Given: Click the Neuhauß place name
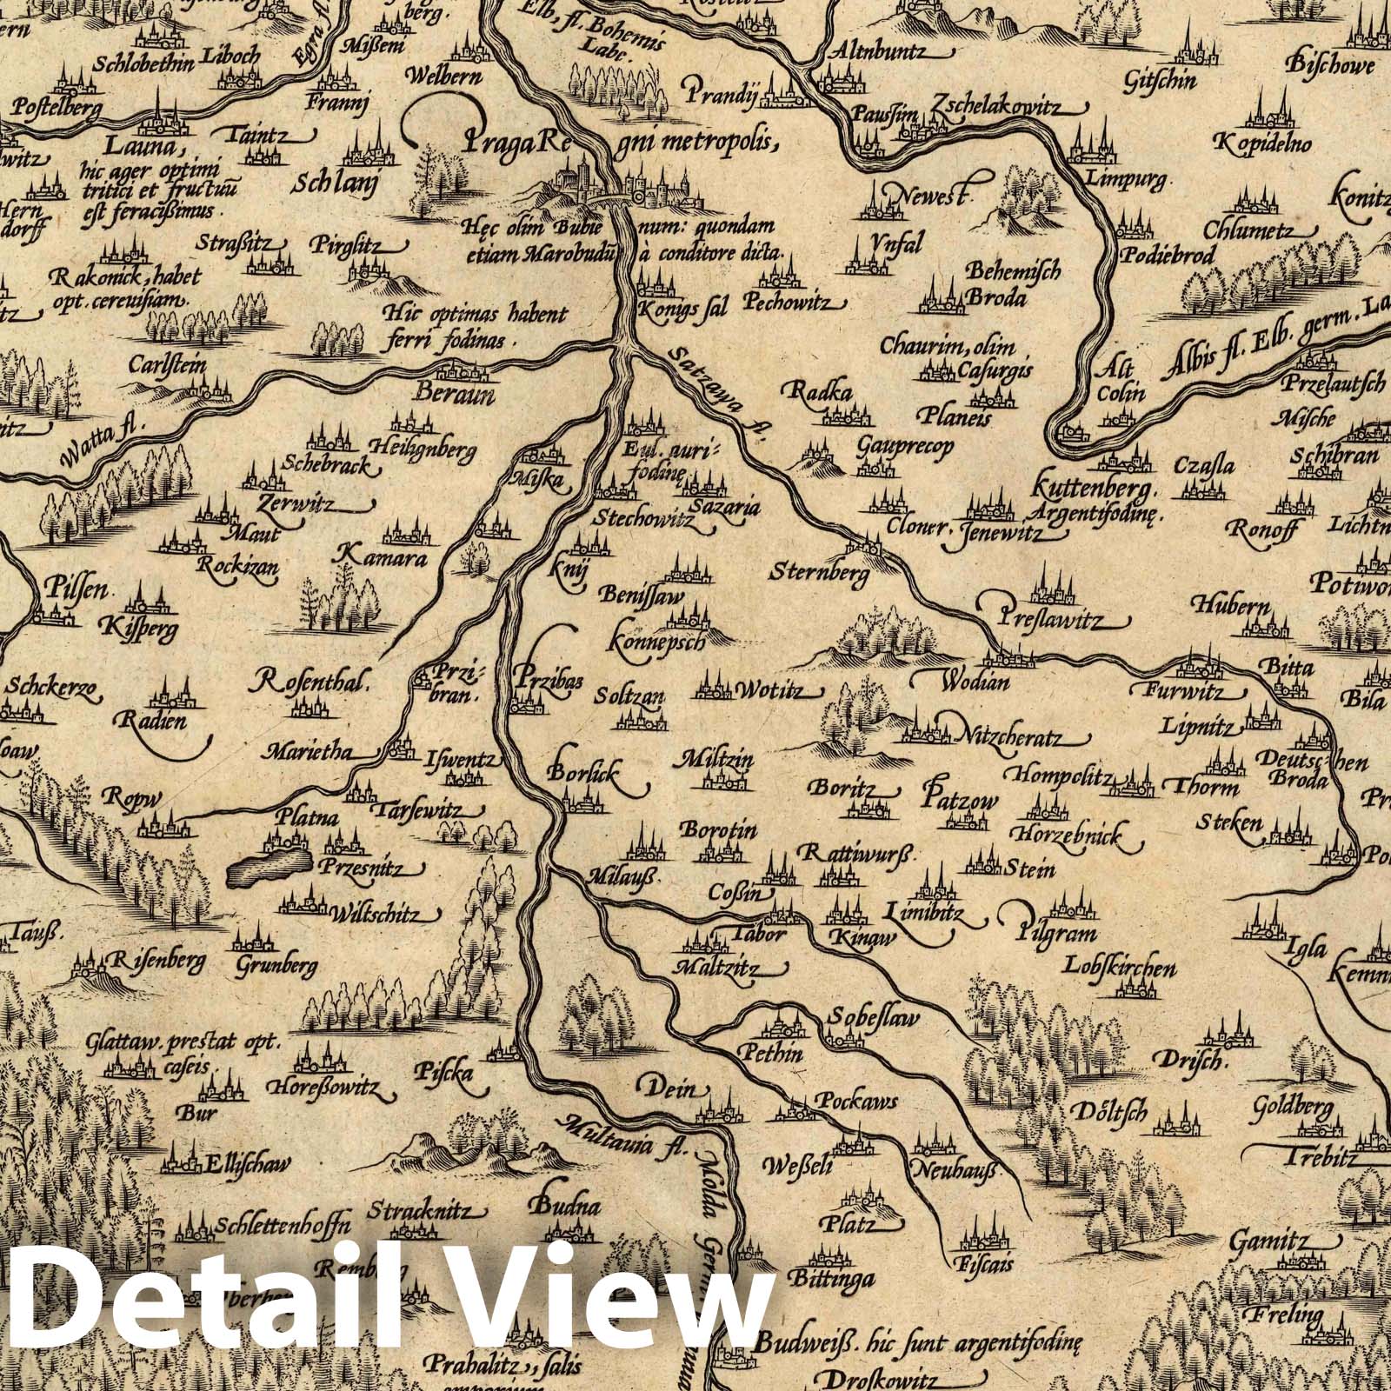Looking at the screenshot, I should click(x=956, y=1171).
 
